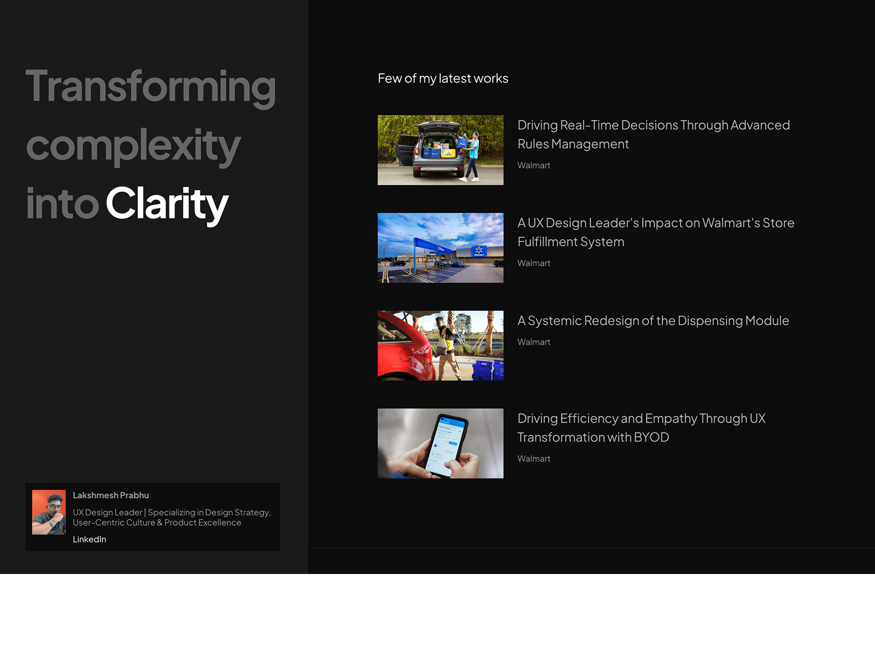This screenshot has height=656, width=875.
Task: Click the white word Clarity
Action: [167, 204]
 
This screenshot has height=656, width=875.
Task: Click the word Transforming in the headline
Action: [151, 87]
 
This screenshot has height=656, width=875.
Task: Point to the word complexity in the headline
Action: [133, 146]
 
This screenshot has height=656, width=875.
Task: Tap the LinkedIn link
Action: [89, 540]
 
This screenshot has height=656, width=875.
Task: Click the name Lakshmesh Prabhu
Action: [111, 495]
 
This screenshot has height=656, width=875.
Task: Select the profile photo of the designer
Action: [49, 512]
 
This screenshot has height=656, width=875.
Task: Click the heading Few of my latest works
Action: [443, 79]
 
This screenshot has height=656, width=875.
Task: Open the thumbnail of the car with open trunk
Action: [440, 150]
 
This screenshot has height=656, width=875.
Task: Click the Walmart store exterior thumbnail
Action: [440, 248]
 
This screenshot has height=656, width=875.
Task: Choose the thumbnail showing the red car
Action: [440, 345]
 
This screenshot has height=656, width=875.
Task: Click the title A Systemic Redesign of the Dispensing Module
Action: [653, 321]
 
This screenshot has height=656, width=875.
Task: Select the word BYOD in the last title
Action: [651, 437]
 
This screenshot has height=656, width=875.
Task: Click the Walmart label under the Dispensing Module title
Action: [534, 342]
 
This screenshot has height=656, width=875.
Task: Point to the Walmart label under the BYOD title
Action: [534, 459]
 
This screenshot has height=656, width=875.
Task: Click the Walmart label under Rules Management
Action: [534, 165]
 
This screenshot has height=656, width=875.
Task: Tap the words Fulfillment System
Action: [571, 242]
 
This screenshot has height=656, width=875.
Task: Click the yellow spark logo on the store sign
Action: [479, 250]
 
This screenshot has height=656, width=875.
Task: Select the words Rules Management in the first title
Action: [573, 144]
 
